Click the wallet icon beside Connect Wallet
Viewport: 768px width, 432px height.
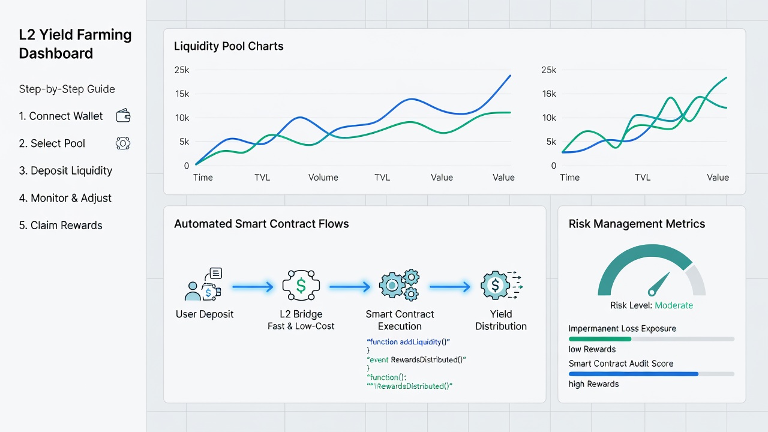click(123, 116)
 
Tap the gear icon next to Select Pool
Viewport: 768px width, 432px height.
click(123, 143)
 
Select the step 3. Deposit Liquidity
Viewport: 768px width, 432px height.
click(65, 171)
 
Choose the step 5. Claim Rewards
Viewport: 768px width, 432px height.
click(61, 225)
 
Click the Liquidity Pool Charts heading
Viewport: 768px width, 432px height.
click(229, 46)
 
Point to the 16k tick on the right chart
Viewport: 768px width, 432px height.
click(549, 94)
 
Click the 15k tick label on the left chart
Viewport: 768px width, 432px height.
click(182, 94)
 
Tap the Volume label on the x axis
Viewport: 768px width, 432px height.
click(323, 178)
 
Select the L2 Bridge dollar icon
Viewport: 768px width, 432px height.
click(301, 285)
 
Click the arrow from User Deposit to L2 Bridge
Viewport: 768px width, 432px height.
click(253, 287)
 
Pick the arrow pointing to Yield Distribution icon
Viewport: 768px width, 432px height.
click(450, 287)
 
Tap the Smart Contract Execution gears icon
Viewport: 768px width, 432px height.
click(399, 285)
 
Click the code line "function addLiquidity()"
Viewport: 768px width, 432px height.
click(408, 342)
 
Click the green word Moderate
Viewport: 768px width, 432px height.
click(674, 305)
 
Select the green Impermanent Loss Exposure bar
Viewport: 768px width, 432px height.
click(600, 339)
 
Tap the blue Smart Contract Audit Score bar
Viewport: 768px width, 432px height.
click(634, 374)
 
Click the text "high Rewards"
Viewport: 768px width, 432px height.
click(594, 384)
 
